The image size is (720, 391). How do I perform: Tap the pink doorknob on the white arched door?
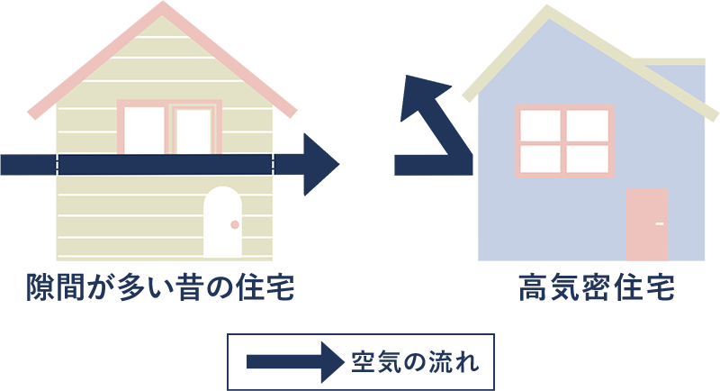point(235,224)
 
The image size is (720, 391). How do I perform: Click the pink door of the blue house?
point(646,225)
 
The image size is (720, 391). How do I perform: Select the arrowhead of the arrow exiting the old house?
point(319,164)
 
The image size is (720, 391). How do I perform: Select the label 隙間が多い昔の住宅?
point(160,289)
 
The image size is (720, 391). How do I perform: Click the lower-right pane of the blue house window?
point(588,157)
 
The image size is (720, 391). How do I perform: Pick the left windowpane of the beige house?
point(144,130)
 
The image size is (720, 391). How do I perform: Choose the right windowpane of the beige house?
point(193,130)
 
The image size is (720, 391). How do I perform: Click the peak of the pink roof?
point(162,7)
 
